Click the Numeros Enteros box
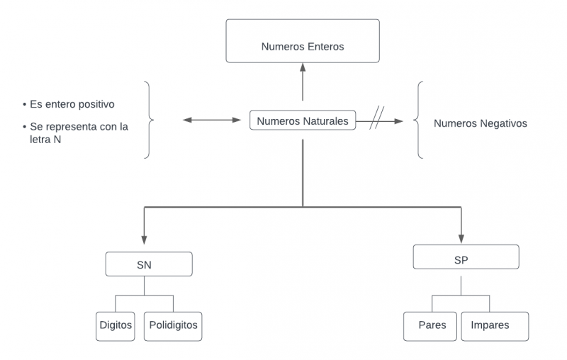pyautogui.click(x=303, y=40)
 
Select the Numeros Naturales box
pyautogui.click(x=303, y=121)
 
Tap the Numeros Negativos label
pyautogui.click(x=480, y=123)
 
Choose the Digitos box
pyautogui.click(x=116, y=326)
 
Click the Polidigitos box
pyautogui.click(x=173, y=326)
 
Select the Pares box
pyautogui.click(x=431, y=326)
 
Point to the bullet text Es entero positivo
pyautogui.click(x=72, y=104)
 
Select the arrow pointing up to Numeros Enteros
pyautogui.click(x=303, y=81)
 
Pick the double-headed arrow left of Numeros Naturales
pyautogui.click(x=212, y=120)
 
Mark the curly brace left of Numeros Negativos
pyautogui.click(x=420, y=119)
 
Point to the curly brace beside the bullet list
pyautogui.click(x=148, y=119)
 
